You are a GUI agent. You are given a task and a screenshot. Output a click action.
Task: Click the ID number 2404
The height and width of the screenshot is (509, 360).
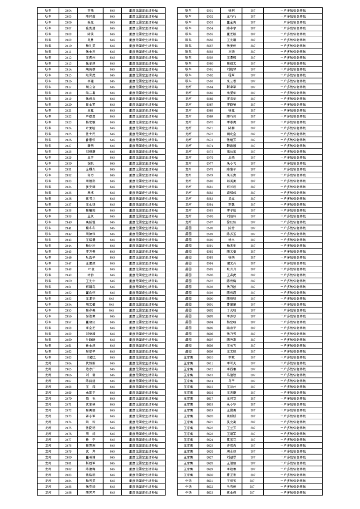68,10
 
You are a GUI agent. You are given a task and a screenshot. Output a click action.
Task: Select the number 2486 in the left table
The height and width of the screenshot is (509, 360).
68,492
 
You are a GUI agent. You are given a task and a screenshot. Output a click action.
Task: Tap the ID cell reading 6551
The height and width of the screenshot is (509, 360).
210,10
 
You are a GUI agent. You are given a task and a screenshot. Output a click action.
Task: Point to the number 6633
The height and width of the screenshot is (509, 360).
210,492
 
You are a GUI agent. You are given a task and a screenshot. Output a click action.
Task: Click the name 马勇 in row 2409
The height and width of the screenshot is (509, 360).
90,40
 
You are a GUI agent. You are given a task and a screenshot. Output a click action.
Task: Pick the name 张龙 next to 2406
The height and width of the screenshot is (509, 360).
90,22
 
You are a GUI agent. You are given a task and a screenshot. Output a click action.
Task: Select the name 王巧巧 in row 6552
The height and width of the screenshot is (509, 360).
232,16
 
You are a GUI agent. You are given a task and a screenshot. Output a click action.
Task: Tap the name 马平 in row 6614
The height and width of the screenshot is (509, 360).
232,381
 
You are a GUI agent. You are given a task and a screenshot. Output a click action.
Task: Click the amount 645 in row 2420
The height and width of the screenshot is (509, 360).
112,104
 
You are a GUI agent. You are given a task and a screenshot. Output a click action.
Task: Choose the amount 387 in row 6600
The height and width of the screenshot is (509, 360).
253,299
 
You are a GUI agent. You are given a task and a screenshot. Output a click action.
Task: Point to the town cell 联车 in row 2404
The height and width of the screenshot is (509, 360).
48,10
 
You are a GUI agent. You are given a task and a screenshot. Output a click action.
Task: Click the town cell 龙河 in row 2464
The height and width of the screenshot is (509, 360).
48,363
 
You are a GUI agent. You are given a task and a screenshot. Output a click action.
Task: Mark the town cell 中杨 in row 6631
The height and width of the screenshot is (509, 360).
188,480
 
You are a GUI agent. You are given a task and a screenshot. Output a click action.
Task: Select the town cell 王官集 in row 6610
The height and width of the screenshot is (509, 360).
188,357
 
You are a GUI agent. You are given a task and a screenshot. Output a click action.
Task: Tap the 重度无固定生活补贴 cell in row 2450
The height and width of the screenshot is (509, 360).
143,281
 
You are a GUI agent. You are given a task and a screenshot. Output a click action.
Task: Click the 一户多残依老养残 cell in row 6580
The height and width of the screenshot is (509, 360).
293,181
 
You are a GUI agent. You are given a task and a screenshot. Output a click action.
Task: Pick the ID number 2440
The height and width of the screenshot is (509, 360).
68,222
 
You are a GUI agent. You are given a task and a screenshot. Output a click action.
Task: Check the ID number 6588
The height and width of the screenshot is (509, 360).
210,228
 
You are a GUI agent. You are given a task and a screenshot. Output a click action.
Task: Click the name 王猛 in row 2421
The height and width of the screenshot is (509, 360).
90,110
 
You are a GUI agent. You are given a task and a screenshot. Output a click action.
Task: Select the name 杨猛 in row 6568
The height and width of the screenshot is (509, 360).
232,110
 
